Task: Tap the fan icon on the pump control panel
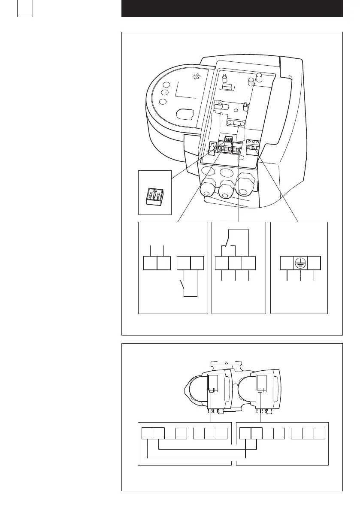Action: (x=197, y=77)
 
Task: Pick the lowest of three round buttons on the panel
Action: (x=163, y=102)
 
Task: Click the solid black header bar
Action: (x=232, y=9)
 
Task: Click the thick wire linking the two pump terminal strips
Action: (x=208, y=450)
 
